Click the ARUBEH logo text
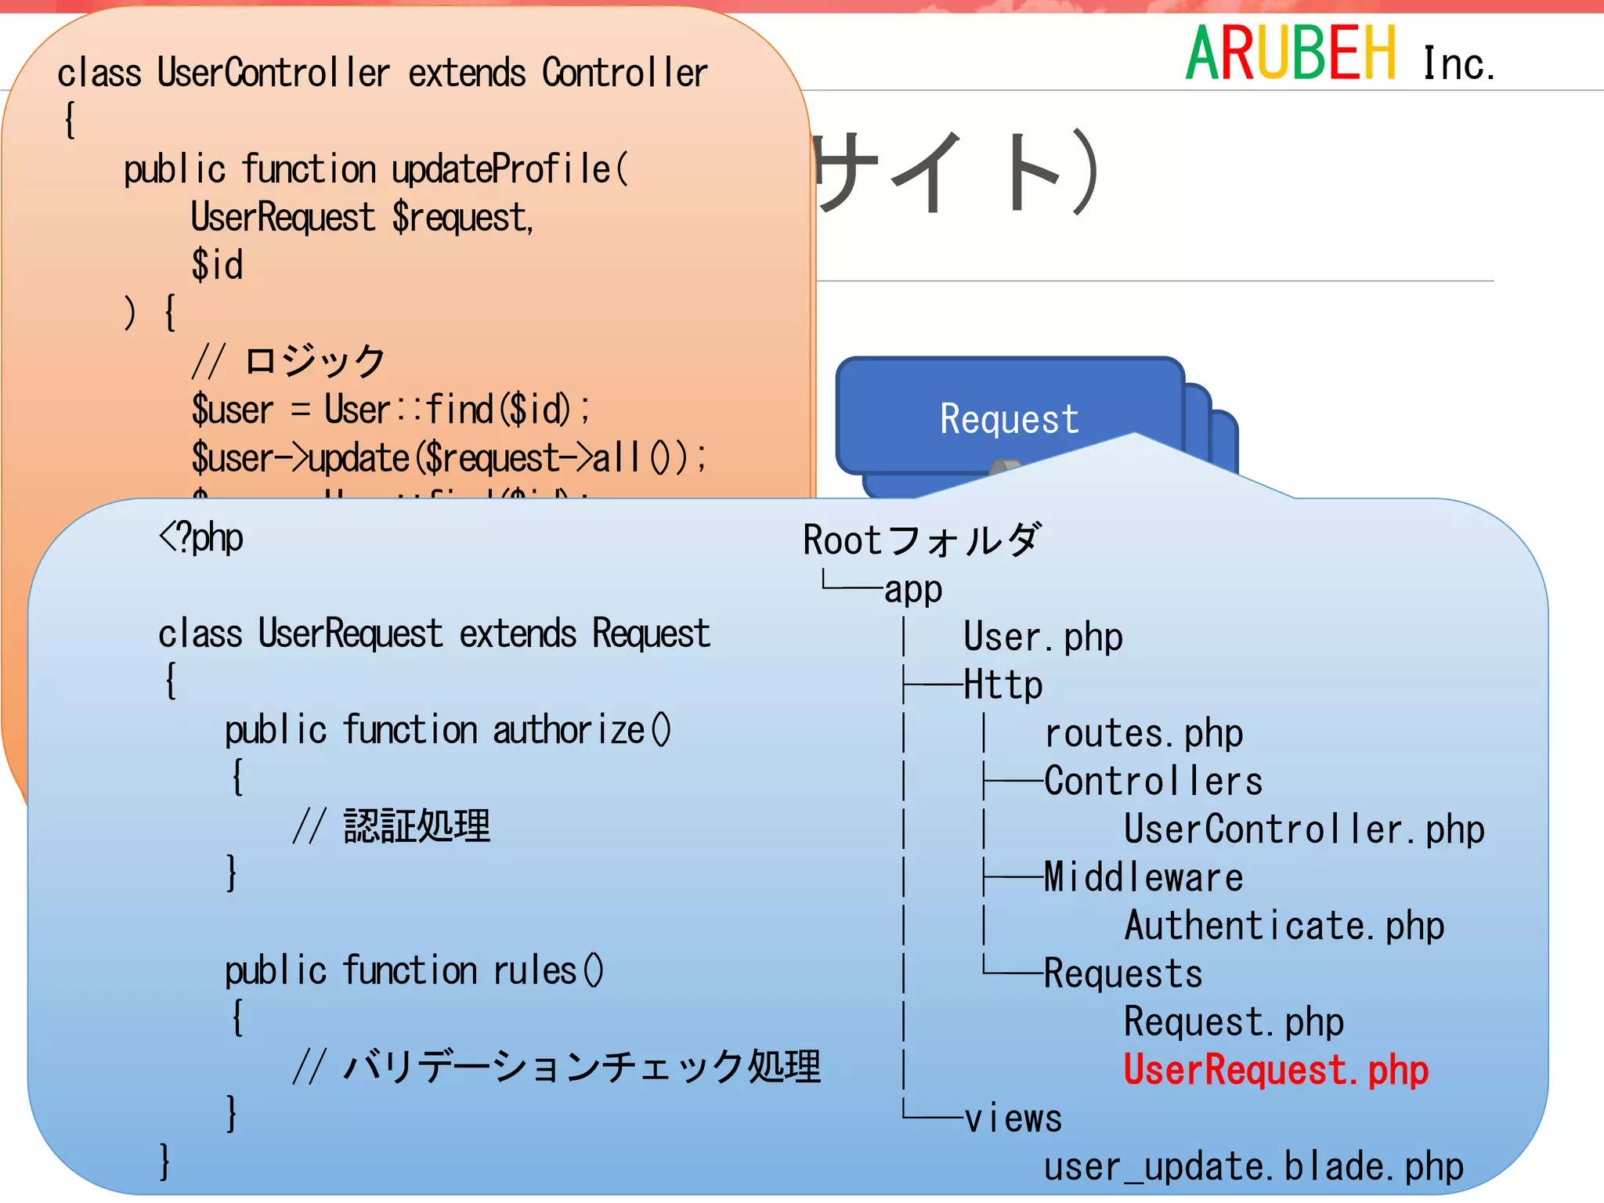pyautogui.click(x=1290, y=53)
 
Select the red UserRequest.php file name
pyautogui.click(x=1276, y=1071)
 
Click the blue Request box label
pyautogui.click(x=1009, y=419)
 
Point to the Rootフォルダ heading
pyautogui.click(x=922, y=540)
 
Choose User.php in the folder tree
pyautogui.click(x=1042, y=637)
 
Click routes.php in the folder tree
pyautogui.click(x=1143, y=734)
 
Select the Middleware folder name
pyautogui.click(x=1143, y=877)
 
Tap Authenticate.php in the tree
pyautogui.click(x=1284, y=926)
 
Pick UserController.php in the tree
pyautogui.click(x=1304, y=829)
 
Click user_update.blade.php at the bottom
pyautogui.click(x=1253, y=1167)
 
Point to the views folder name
pyautogui.click(x=1013, y=1118)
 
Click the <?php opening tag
pyautogui.click(x=201, y=538)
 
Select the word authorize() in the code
pyautogui.click(x=581, y=730)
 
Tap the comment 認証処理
pyautogui.click(x=417, y=826)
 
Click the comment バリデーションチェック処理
pyautogui.click(x=581, y=1067)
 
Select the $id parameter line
pyautogui.click(x=217, y=265)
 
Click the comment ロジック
pyautogui.click(x=315, y=361)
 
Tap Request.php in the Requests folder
pyautogui.click(x=1234, y=1022)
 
